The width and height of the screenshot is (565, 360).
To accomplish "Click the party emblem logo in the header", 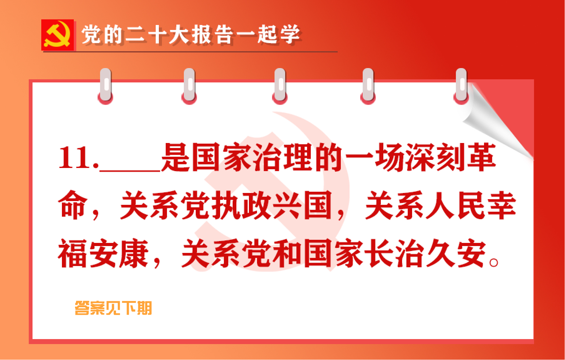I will point(58,35).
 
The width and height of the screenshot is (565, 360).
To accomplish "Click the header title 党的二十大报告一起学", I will point(190,35).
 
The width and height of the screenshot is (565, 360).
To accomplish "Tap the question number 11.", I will point(77,158).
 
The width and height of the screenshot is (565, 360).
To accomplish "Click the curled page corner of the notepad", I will point(494,125).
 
